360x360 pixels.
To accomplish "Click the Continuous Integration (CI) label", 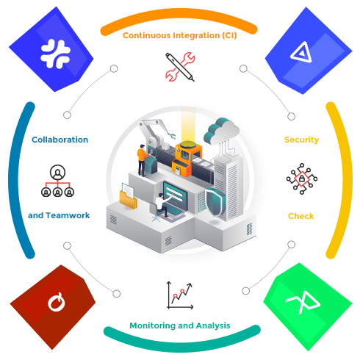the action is pos(180,35).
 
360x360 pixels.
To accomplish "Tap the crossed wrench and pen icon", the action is pos(180,67).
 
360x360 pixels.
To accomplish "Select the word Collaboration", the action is pos(60,140).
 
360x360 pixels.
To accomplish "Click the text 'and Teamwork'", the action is pos(59,215).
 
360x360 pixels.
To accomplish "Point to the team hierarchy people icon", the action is pos(57,181).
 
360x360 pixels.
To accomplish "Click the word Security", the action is pos(302,140).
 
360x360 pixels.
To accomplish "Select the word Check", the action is pos(301,216).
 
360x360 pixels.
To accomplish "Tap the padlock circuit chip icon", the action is pos(302,179).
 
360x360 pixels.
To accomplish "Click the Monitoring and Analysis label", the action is pos(180,325).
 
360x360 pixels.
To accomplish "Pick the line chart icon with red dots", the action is pos(180,295).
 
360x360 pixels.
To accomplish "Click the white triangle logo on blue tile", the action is pos(302,52).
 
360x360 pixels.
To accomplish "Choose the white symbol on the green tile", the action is pos(303,303).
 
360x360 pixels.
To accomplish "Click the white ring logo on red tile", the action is pos(57,302).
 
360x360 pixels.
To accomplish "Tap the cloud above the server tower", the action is pos(221,131).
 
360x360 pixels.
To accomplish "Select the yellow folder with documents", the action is pos(128,196).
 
